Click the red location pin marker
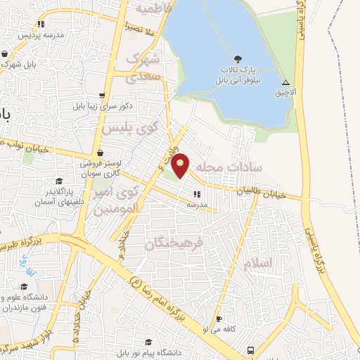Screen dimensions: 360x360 181,165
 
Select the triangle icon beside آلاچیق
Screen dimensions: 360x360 285,83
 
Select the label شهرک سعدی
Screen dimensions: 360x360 143,68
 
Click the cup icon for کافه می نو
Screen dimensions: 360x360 219,318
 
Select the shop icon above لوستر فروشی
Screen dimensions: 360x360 101,152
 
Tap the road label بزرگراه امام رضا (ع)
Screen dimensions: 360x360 163,304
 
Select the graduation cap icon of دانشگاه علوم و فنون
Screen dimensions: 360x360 25,287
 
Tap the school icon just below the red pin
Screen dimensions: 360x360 197,193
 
